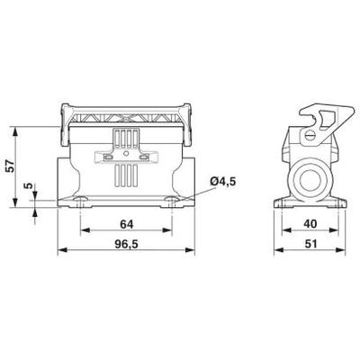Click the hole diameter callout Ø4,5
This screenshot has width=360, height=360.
[222, 184]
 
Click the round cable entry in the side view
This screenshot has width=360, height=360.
[309, 178]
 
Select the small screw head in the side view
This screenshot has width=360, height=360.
[310, 138]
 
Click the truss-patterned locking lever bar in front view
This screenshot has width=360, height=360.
[127, 116]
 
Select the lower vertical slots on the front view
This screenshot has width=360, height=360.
[128, 176]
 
